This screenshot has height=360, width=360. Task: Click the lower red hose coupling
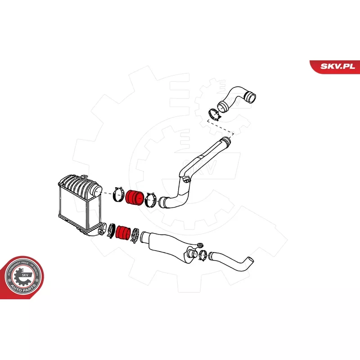(122, 232)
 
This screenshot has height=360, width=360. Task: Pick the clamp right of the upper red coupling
(151, 199)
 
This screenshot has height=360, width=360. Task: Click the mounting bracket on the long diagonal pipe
(186, 180)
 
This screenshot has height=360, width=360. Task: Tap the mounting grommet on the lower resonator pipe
(197, 245)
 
